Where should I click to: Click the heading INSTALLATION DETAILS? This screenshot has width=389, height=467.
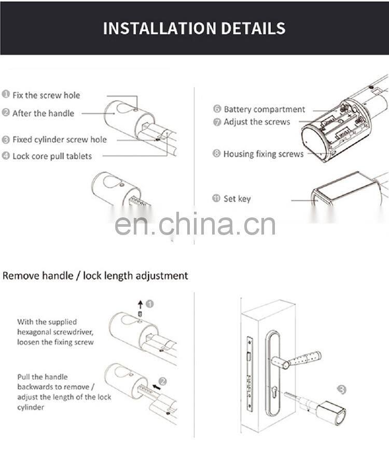point(194,28)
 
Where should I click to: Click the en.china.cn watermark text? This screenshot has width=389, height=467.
point(195,225)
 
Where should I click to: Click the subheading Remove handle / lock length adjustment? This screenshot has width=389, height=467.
point(95,276)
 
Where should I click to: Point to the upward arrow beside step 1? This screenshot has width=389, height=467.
point(140,305)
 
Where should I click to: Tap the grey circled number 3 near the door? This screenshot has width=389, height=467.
point(341,389)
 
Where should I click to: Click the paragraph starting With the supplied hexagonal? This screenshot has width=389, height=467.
point(55,332)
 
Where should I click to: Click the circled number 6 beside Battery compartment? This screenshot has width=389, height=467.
point(217,109)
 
